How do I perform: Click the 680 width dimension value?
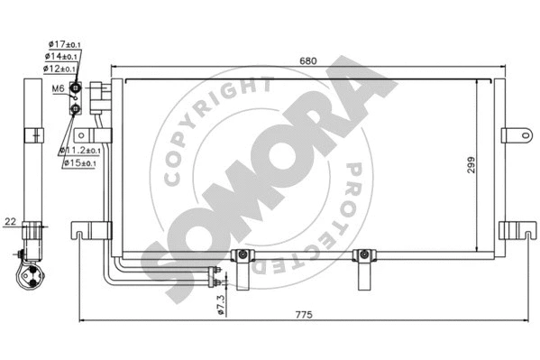307,61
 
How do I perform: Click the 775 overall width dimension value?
304,315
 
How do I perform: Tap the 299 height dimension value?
471,165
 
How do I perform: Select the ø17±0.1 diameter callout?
65,44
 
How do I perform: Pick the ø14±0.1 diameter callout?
61,56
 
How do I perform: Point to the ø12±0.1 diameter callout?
59,69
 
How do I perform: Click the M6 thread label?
58,88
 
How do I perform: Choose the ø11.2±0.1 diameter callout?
80,151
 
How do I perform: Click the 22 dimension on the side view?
10,221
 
